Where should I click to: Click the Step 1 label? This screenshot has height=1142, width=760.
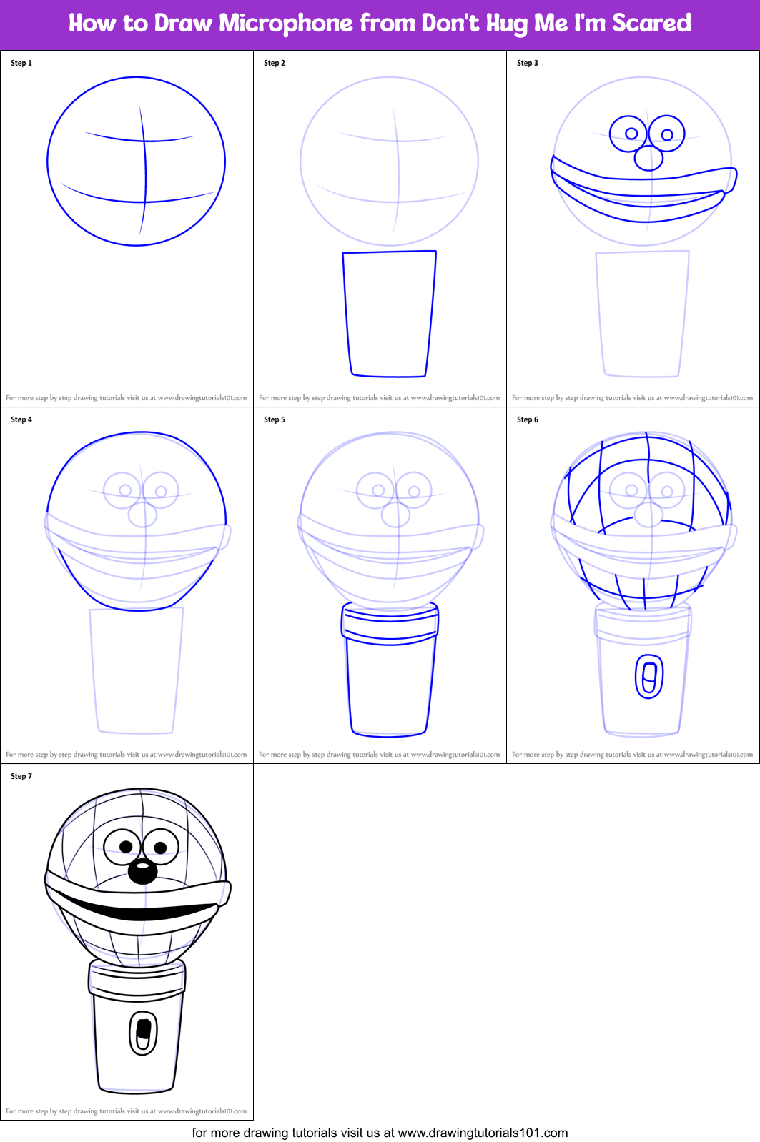pyautogui.click(x=21, y=63)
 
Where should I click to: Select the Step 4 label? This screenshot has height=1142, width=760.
pyautogui.click(x=21, y=419)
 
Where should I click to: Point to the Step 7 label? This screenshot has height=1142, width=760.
pyautogui.click(x=21, y=776)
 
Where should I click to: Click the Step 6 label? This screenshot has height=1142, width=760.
pyautogui.click(x=528, y=419)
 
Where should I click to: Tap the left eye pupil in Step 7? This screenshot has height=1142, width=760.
pyautogui.click(x=126, y=847)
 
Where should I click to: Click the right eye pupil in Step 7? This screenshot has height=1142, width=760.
pyautogui.click(x=160, y=848)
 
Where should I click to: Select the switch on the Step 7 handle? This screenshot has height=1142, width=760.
pyautogui.click(x=143, y=1033)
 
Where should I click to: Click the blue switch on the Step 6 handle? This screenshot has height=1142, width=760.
pyautogui.click(x=649, y=676)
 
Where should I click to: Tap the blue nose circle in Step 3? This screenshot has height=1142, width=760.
pyautogui.click(x=648, y=157)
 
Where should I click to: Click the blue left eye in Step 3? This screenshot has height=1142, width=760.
pyautogui.click(x=629, y=134)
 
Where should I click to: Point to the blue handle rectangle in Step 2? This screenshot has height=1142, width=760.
pyautogui.click(x=390, y=314)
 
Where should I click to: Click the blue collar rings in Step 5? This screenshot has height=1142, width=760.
pyautogui.click(x=390, y=623)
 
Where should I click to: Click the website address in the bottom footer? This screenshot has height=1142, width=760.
pyautogui.click(x=483, y=1133)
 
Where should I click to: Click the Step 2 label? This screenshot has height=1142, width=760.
pyautogui.click(x=275, y=63)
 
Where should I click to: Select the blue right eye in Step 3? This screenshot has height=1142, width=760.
pyautogui.click(x=667, y=134)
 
